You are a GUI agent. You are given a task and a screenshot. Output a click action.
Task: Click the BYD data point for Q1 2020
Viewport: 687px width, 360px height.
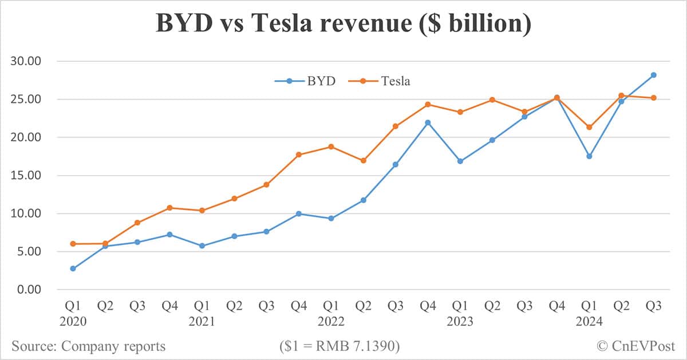coord(73,268)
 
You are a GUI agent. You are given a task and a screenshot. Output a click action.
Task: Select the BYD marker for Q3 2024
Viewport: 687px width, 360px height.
coord(653,75)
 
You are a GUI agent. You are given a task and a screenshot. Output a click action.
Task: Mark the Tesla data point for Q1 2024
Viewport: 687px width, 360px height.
coord(589,127)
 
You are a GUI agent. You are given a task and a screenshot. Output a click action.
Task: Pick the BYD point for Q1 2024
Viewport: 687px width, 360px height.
coord(589,156)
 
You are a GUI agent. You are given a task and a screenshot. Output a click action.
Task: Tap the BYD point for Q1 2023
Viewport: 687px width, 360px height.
coord(460,161)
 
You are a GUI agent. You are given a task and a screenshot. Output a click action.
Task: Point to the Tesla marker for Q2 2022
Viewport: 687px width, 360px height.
coord(363,161)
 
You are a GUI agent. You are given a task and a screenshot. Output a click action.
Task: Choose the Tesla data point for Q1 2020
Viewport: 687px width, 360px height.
coord(73,244)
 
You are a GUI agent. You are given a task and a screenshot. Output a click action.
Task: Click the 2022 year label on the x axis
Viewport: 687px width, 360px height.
coord(331,322)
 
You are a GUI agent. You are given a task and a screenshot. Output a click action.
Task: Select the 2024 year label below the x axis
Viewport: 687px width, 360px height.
coord(589,322)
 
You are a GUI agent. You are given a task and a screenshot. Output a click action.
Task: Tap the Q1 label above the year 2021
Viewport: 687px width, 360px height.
coord(202,307)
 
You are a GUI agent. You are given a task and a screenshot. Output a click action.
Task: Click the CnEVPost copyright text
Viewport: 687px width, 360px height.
coord(635,346)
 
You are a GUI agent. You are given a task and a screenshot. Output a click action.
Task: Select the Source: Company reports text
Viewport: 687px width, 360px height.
coord(89,346)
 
